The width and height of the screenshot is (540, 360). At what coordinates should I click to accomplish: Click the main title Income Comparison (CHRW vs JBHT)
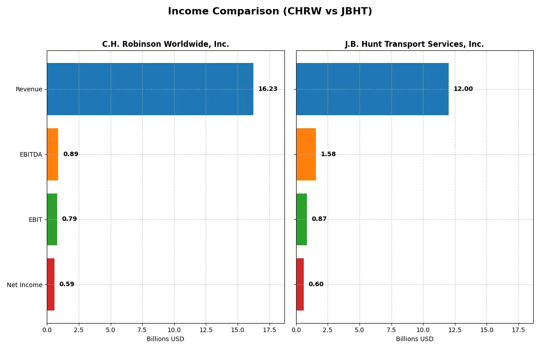click(270, 12)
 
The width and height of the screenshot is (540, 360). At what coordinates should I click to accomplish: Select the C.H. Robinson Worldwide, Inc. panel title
click(165, 44)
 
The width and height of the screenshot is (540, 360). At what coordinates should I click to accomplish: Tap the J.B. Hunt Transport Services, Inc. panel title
click(414, 44)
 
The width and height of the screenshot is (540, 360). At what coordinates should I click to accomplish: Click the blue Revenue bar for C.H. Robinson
click(150, 89)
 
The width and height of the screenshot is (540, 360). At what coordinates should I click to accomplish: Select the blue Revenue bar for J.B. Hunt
click(372, 89)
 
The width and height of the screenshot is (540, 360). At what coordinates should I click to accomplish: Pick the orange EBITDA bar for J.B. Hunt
click(306, 154)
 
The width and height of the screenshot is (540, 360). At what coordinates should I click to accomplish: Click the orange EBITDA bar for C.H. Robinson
click(53, 154)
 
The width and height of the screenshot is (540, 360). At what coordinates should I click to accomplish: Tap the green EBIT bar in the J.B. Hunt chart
click(301, 219)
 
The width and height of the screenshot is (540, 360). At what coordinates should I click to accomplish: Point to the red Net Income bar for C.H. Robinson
click(50, 284)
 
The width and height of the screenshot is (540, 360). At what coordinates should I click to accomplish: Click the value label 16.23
click(268, 89)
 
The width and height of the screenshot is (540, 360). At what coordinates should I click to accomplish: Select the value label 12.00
click(463, 89)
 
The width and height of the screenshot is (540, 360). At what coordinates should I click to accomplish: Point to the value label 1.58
click(328, 154)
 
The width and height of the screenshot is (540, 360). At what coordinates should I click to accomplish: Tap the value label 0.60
click(316, 284)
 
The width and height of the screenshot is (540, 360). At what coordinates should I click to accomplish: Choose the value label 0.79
click(69, 219)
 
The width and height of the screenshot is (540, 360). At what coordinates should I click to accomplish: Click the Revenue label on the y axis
click(29, 89)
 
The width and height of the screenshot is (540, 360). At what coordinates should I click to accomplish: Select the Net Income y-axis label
click(24, 285)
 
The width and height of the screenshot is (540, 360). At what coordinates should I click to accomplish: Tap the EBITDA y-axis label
click(31, 154)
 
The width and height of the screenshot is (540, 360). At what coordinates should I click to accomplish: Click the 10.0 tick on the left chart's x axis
click(174, 330)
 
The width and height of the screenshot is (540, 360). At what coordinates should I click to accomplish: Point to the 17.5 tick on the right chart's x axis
click(518, 330)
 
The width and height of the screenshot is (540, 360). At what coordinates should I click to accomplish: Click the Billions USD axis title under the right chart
click(414, 339)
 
